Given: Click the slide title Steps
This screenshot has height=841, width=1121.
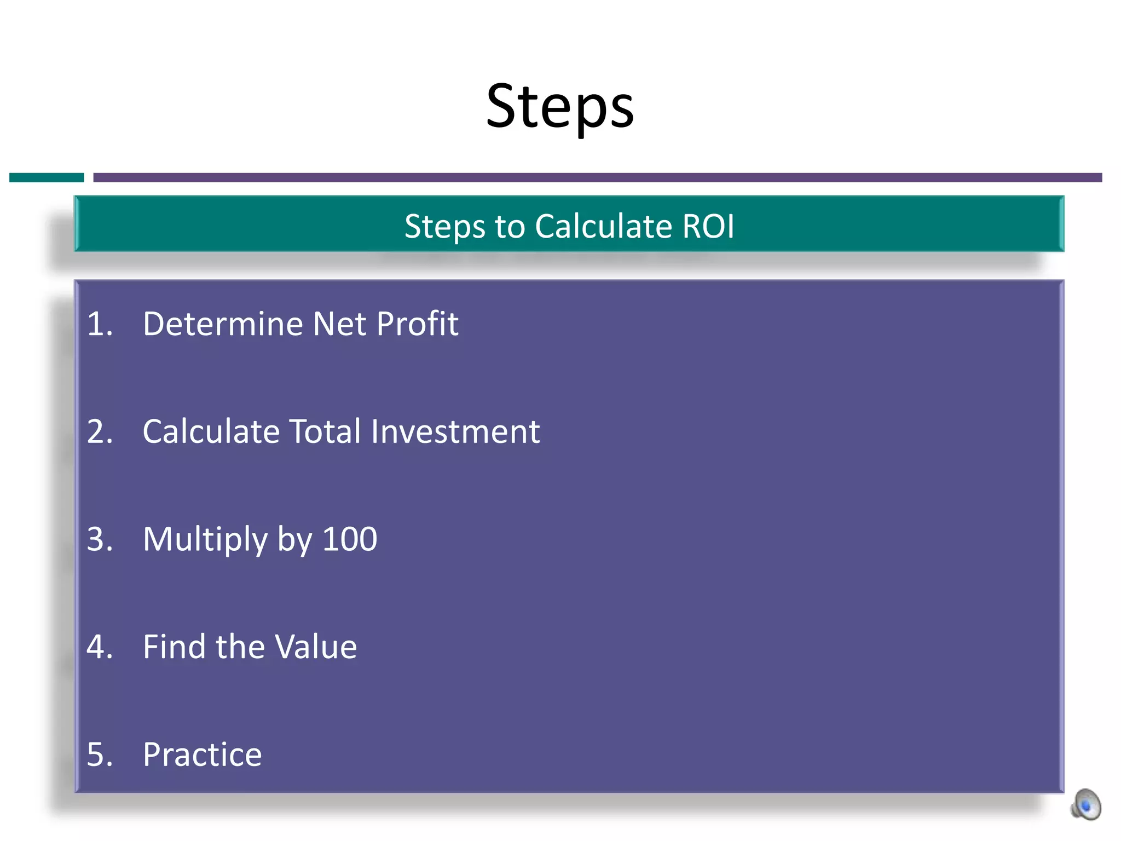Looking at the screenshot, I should click(x=559, y=107).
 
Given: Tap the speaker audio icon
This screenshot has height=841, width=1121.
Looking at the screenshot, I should click(x=1086, y=805).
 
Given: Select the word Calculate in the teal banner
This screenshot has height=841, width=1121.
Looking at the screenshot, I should click(x=603, y=226).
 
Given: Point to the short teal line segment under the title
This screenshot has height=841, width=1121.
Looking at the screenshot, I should click(x=47, y=177).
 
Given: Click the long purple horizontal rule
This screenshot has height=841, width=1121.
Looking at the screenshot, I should click(x=597, y=177).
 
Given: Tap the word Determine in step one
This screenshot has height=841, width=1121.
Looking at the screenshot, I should click(x=222, y=324).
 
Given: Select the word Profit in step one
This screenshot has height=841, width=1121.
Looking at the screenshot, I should click(x=417, y=324).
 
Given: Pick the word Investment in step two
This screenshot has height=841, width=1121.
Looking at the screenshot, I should click(x=455, y=432).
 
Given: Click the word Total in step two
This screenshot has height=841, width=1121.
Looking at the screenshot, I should click(x=325, y=432).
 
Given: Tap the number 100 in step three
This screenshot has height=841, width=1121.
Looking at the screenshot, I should click(x=350, y=540).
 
